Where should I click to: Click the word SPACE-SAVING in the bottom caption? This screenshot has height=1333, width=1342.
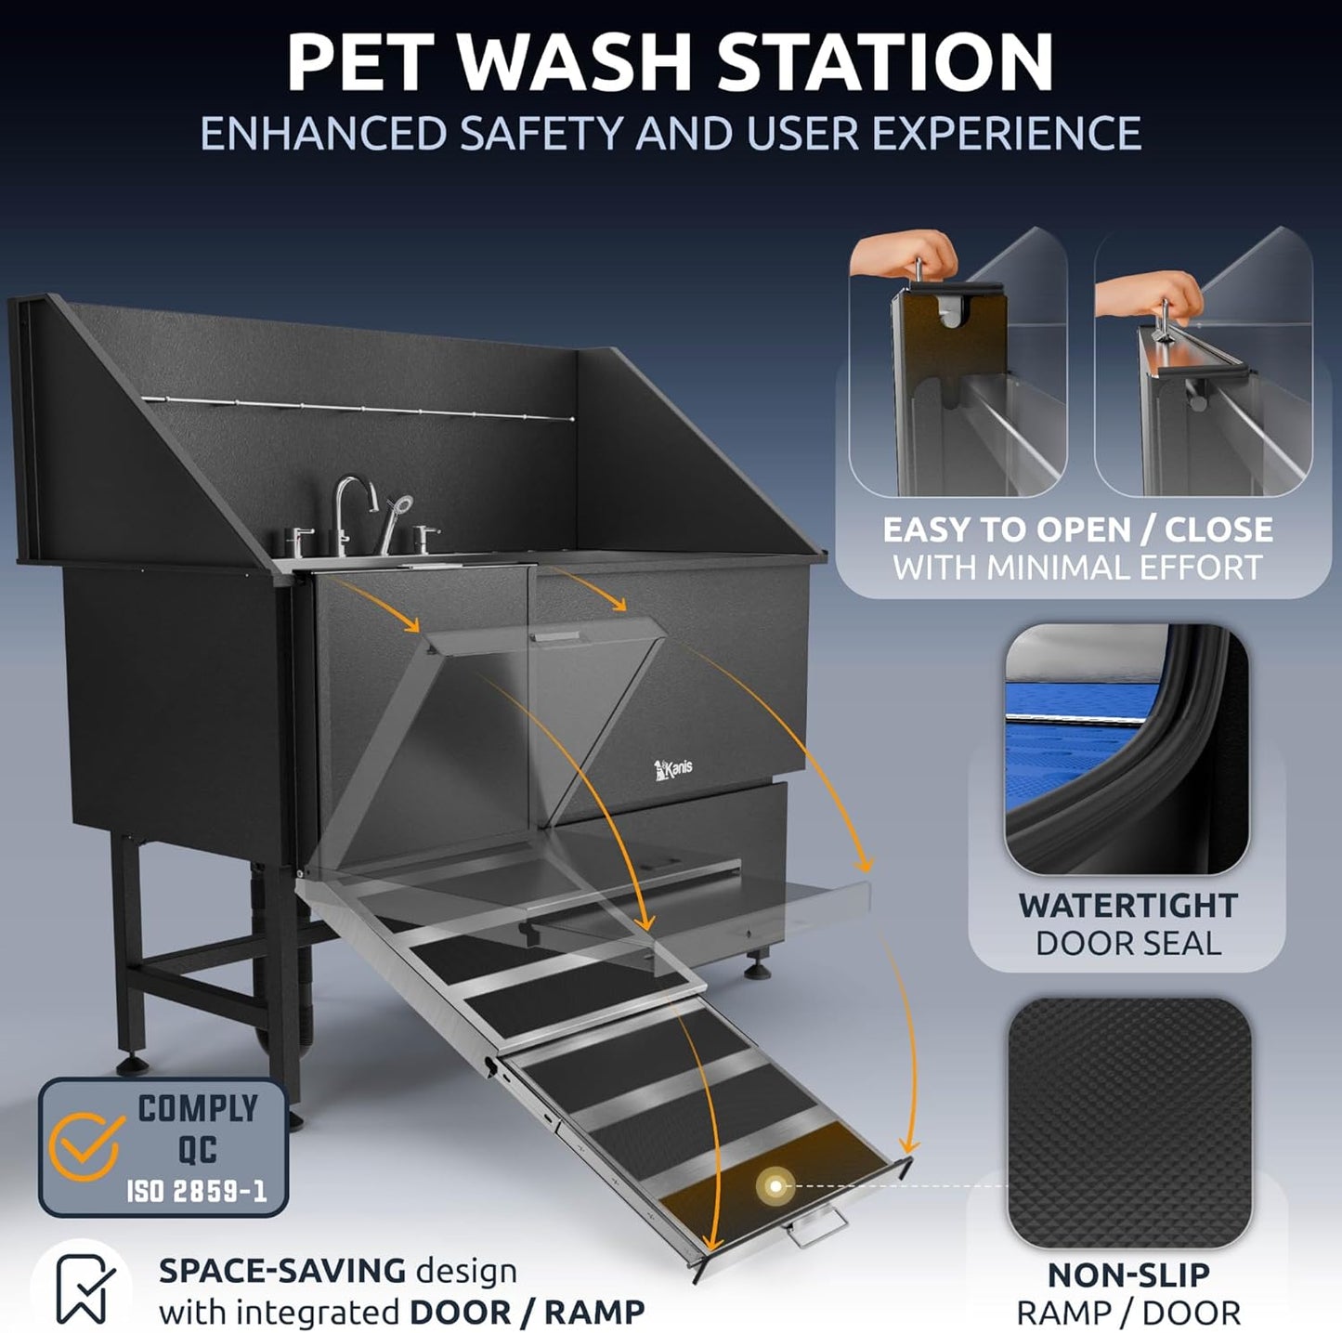(282, 1270)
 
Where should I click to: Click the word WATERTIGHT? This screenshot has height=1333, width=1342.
(1127, 905)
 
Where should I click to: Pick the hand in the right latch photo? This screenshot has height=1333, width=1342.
(1148, 294)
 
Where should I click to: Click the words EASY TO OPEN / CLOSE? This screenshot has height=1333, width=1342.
(1077, 529)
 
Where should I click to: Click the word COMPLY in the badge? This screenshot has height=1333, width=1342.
(198, 1108)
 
